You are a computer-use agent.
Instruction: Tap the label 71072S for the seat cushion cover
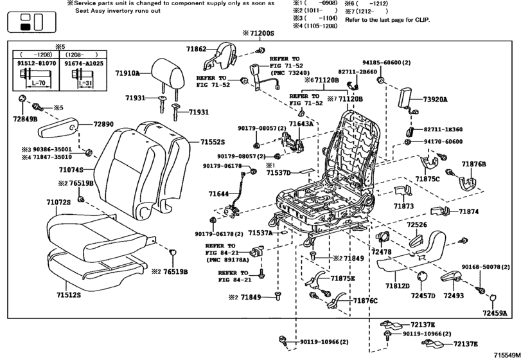pos(58,203)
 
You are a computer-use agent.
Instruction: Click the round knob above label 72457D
pos(422,276)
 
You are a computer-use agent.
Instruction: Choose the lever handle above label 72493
pos(454,276)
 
